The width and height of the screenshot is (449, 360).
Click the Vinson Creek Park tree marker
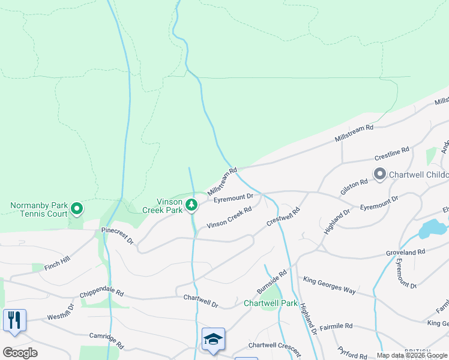[191, 205]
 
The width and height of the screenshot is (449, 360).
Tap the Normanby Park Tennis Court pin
[77, 209]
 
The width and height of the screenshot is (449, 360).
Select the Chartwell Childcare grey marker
[379, 175]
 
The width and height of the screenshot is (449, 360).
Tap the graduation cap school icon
[213, 339]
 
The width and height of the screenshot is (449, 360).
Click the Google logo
[20, 353]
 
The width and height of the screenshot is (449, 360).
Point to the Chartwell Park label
[270, 303]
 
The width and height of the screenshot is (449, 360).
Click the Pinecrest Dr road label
[118, 235]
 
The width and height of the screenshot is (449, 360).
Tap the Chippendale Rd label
[101, 295]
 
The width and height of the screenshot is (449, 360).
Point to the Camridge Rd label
[106, 341]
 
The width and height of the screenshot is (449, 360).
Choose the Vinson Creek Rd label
[229, 218]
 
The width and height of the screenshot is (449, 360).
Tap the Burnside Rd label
[272, 281]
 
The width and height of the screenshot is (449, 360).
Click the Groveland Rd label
[405, 252]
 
